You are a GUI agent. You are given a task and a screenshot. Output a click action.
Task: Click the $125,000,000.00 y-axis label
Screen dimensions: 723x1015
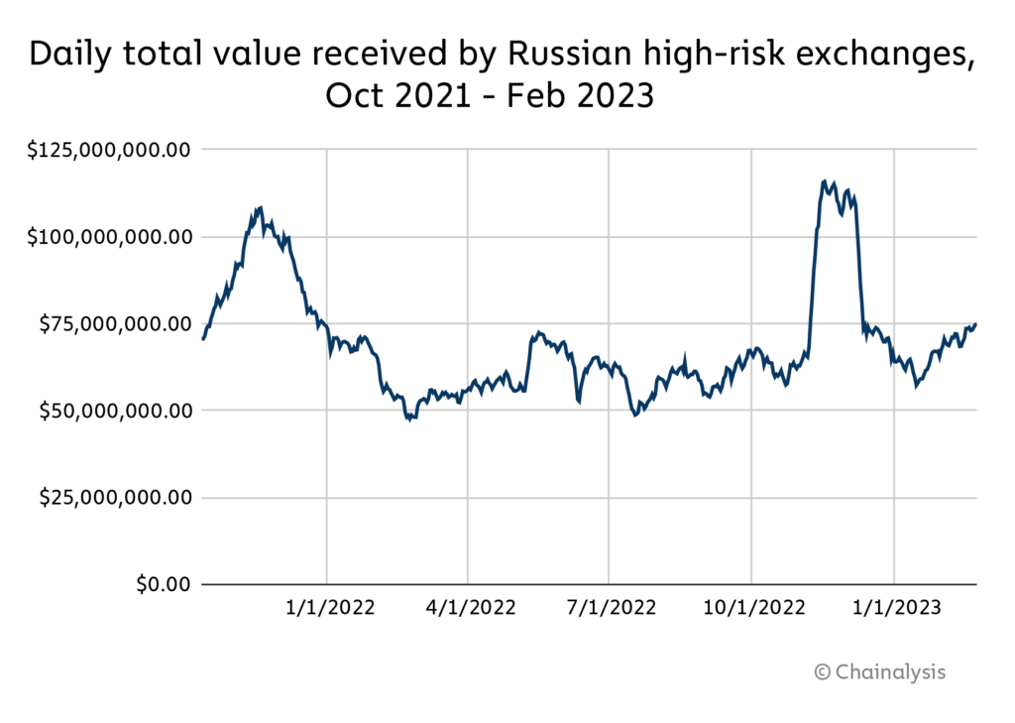109,150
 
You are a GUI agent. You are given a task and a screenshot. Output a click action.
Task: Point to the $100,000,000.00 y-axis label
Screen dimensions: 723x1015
109,237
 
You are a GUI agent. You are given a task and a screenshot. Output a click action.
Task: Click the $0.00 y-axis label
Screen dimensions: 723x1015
163,583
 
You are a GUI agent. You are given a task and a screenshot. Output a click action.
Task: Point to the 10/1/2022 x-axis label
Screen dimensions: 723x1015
751,607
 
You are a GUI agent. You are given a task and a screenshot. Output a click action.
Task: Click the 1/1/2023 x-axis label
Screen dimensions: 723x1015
894,607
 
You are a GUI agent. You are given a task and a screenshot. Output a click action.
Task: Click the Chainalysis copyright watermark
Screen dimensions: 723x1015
880,671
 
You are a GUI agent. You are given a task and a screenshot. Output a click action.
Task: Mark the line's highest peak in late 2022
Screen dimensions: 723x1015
825,181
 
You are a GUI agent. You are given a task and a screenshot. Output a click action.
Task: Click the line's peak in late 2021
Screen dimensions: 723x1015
260,207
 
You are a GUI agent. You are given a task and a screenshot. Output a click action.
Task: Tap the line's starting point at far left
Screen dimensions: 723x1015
202,339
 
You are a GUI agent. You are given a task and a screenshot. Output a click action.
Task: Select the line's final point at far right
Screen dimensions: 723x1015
976,323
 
